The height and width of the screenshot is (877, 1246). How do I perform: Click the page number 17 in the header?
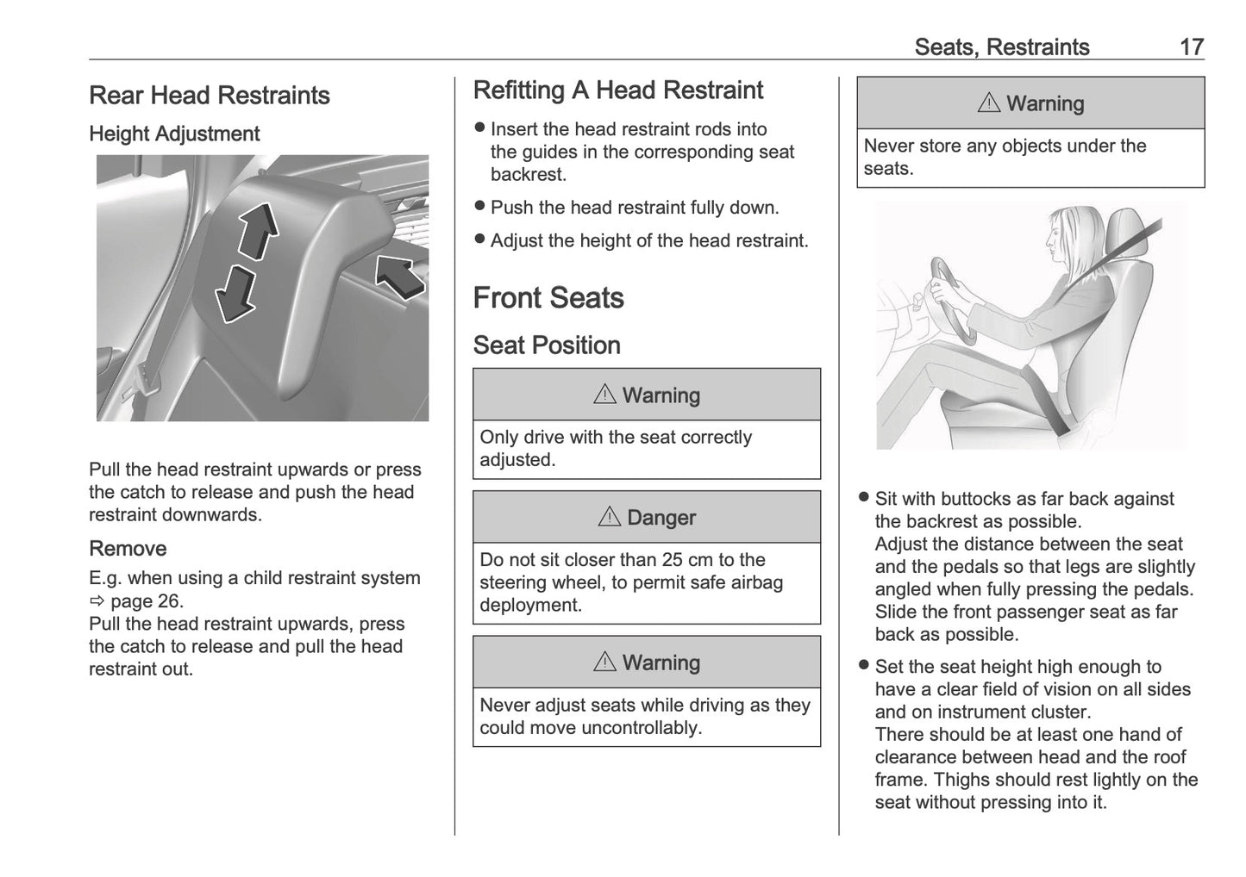point(1191,47)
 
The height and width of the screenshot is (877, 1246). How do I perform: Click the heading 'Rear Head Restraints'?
point(210,96)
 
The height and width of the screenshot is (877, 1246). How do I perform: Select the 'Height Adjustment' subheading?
point(174,134)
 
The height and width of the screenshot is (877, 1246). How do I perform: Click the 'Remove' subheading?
point(128,549)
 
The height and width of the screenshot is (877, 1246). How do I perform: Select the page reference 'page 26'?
point(147,601)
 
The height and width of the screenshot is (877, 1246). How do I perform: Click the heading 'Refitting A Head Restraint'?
point(618,90)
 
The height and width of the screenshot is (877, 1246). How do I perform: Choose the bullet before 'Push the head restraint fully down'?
point(480,207)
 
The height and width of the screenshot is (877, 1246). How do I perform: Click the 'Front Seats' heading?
point(548,298)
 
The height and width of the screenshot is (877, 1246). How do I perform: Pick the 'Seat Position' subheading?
point(547,345)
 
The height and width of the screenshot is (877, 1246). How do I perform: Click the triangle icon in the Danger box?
point(609,517)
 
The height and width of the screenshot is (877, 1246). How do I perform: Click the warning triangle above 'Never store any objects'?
point(989,103)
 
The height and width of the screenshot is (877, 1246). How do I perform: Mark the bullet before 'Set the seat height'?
point(864,666)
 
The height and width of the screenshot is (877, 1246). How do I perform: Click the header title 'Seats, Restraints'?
point(1002,47)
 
